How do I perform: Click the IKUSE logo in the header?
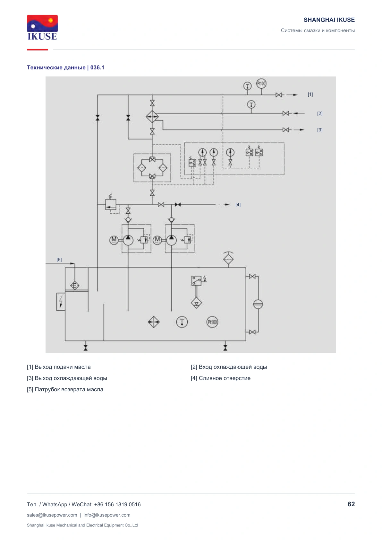(42, 27)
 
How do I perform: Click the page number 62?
(351, 504)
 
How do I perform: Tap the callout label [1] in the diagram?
(310, 94)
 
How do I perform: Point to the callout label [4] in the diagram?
(238, 205)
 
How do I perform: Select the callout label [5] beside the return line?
(59, 260)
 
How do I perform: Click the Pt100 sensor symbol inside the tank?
(212, 322)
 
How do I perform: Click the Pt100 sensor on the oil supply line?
(261, 84)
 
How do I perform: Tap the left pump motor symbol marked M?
(114, 240)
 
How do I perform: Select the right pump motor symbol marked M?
(157, 240)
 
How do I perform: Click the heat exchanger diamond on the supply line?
(152, 117)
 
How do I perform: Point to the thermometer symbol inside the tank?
(182, 322)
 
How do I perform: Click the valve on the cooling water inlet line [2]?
(286, 113)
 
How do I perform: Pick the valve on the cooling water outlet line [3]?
(286, 130)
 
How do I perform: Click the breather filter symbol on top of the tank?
(228, 259)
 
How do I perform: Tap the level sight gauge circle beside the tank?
(258, 304)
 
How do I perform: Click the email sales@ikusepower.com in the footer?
(52, 515)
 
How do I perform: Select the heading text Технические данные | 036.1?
(65, 67)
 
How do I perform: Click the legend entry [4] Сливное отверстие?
(221, 378)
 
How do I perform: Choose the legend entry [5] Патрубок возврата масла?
(65, 390)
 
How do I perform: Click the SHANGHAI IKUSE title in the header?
(329, 20)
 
